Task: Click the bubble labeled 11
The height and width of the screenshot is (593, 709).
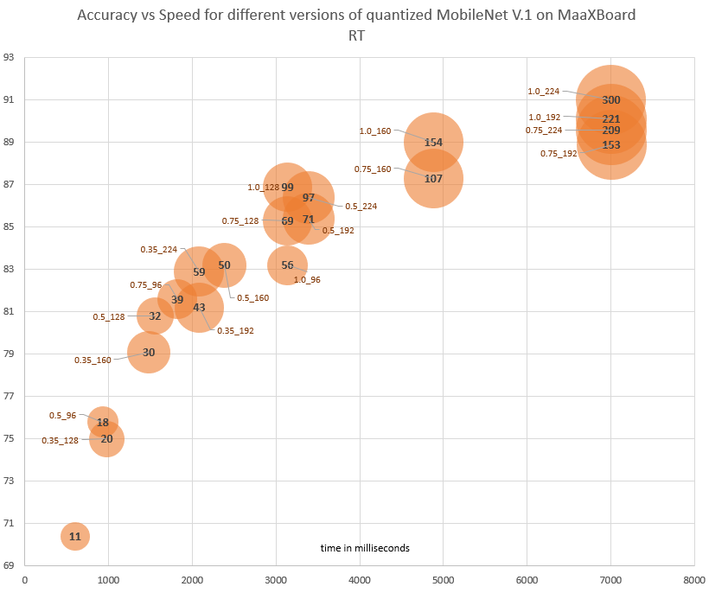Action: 75,536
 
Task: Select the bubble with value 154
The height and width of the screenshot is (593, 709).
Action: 433,142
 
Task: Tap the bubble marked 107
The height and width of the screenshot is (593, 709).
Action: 433,178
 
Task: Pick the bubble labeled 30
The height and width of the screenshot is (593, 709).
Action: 149,352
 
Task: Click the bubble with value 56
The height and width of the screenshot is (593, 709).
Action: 287,265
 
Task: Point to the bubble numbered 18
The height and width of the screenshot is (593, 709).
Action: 103,422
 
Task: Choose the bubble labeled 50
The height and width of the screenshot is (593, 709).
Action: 224,265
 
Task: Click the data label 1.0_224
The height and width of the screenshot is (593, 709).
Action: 545,91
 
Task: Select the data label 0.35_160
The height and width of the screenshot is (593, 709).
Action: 93,360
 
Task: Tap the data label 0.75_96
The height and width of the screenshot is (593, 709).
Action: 146,284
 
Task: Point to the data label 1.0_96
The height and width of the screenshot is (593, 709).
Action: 307,280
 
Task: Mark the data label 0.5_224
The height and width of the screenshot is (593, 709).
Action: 361,207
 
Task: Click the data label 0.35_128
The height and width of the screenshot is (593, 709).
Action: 60,441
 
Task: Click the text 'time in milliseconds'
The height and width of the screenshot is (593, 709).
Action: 365,548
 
